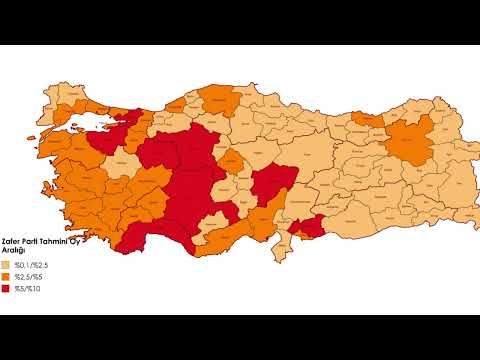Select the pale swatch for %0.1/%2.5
coord(7,263)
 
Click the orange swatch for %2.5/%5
coord(7,276)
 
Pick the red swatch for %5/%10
coord(7,289)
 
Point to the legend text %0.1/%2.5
coord(30,263)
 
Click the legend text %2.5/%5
coord(28,276)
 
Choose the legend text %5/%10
coord(27,289)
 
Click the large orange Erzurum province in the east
coord(408,143)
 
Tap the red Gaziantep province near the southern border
coord(306,228)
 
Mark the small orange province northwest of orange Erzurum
coord(368,119)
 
